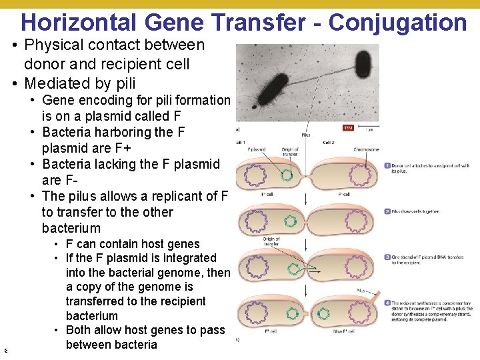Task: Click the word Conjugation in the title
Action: pyautogui.click(x=397, y=22)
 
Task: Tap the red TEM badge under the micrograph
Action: pyautogui.click(x=347, y=127)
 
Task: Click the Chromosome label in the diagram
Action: pyautogui.click(x=366, y=149)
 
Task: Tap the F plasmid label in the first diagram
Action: pyautogui.click(x=257, y=149)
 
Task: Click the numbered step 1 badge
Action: pyautogui.click(x=387, y=165)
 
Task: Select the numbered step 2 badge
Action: pyautogui.click(x=387, y=211)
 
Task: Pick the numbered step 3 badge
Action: pyautogui.click(x=387, y=257)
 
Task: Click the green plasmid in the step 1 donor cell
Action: pyautogui.click(x=287, y=176)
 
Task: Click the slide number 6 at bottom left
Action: pyautogui.click(x=5, y=349)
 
